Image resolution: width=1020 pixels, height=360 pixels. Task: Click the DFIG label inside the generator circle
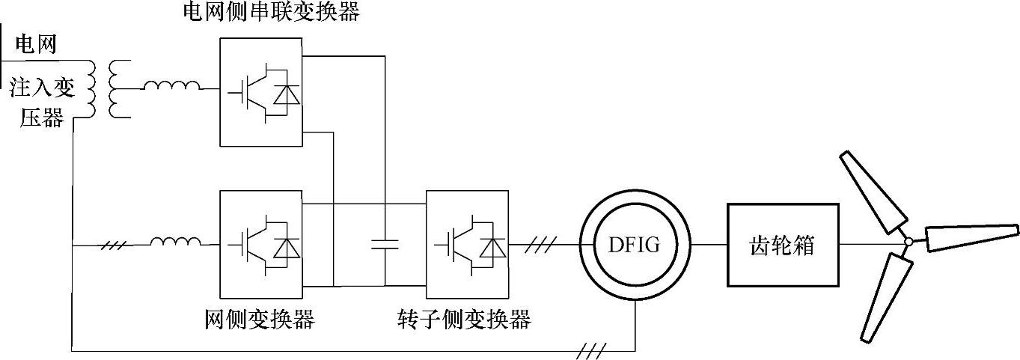click(635, 244)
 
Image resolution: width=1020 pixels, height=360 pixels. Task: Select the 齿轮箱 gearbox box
click(782, 244)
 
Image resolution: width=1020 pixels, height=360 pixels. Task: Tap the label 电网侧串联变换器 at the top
click(272, 13)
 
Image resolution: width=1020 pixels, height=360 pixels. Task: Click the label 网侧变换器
click(260, 320)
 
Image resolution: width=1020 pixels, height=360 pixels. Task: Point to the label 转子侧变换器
click(465, 320)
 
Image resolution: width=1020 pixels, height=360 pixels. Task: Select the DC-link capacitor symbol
click(385, 244)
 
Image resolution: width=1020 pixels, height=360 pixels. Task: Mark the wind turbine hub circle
click(908, 242)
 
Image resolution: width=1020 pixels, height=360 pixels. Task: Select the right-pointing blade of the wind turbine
click(970, 237)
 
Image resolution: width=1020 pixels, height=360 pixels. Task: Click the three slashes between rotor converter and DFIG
click(541, 244)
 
